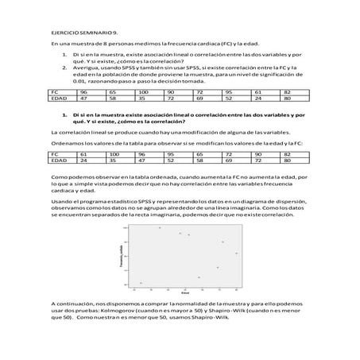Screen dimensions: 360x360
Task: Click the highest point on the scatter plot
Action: (x=159, y=228)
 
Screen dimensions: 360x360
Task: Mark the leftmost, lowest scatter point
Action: (x=141, y=283)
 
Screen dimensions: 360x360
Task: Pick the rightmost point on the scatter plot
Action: (x=236, y=253)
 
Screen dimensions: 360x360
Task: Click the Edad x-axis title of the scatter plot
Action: (x=184, y=292)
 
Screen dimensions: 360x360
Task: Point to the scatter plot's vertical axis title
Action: (x=120, y=256)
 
